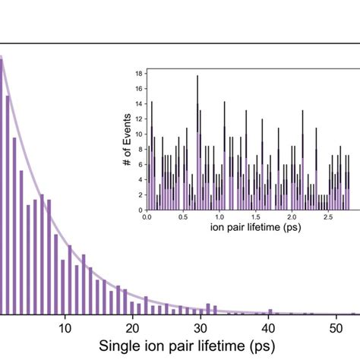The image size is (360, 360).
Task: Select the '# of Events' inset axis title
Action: click(x=127, y=141)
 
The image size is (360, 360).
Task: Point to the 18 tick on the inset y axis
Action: click(x=137, y=74)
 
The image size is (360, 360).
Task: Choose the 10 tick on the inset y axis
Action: click(x=137, y=134)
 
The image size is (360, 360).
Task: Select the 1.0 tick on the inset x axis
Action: click(x=220, y=216)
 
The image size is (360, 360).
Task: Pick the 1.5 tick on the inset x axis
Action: click(x=257, y=216)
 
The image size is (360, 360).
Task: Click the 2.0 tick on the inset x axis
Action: click(x=293, y=216)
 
